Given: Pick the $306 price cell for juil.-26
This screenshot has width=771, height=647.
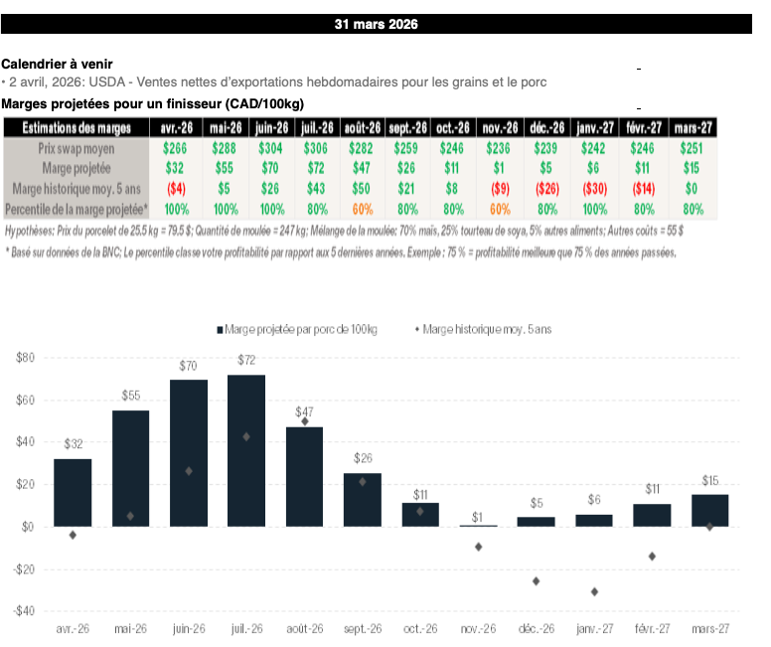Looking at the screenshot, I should point(316,147).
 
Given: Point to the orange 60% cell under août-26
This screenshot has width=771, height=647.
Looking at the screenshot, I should point(362,210).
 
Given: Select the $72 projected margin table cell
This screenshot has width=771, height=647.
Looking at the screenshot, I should point(316,168).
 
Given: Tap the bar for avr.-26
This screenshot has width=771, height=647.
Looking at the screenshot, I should point(74,492).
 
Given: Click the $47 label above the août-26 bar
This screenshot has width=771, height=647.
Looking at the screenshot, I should point(305,411).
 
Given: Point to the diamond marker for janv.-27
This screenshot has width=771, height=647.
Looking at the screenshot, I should point(594,591).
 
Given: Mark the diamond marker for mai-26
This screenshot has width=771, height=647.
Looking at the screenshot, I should point(131,516).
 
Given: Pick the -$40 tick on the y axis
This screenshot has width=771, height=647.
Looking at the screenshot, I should point(24,611).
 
